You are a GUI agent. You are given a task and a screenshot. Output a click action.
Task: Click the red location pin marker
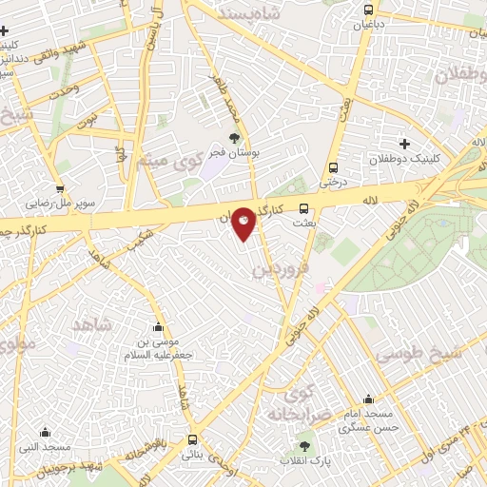[243, 223]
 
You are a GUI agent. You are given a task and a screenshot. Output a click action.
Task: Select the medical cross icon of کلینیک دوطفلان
[404, 144]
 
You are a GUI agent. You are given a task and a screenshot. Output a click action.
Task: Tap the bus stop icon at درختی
[333, 166]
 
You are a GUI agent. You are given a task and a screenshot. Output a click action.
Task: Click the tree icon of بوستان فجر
[234, 138]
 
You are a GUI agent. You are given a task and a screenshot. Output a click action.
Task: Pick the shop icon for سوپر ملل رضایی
[60, 188]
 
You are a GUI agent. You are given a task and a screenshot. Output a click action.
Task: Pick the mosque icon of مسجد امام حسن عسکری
[368, 399]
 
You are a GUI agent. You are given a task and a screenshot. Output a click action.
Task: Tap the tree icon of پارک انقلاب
[304, 445]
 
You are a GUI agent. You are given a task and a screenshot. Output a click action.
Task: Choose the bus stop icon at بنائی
[193, 439]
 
